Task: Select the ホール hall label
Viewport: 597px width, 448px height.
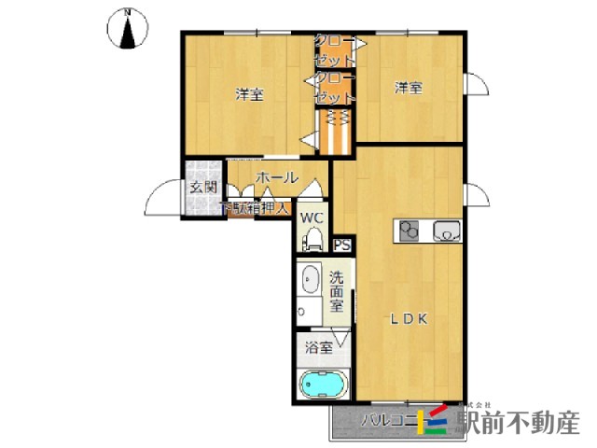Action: click(276, 177)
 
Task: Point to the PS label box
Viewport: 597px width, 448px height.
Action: click(341, 245)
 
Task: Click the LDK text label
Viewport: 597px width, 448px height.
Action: click(408, 318)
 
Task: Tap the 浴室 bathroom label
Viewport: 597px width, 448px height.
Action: click(319, 348)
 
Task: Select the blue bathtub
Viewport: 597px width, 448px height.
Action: click(322, 384)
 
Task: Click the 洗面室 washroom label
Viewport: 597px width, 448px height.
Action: click(337, 290)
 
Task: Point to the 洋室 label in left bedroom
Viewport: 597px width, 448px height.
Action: click(247, 94)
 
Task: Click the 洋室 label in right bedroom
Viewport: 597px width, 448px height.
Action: click(408, 89)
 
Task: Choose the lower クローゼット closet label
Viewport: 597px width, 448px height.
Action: click(333, 88)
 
